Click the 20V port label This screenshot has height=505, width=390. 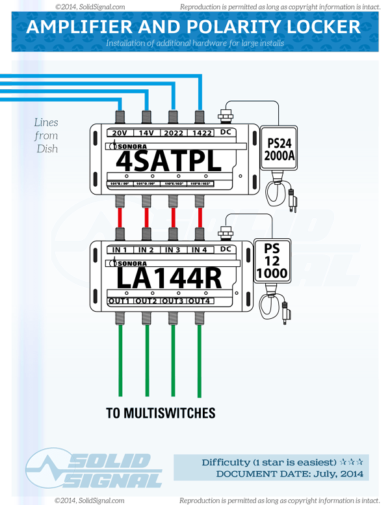120,133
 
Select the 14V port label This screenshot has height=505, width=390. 147,133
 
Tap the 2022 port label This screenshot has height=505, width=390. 173,133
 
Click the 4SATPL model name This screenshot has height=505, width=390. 167,160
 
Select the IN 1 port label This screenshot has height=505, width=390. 120,250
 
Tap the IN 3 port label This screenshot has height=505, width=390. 173,250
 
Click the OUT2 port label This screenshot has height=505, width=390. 147,301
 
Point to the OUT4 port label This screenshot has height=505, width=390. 200,301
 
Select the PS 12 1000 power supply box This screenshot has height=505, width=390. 272,261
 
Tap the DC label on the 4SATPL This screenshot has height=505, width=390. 226,133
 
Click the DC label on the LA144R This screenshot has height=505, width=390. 226,249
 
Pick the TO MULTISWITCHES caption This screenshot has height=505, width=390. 161,413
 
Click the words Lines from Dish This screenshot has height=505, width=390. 46,135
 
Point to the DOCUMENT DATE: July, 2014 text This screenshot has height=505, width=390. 289,474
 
